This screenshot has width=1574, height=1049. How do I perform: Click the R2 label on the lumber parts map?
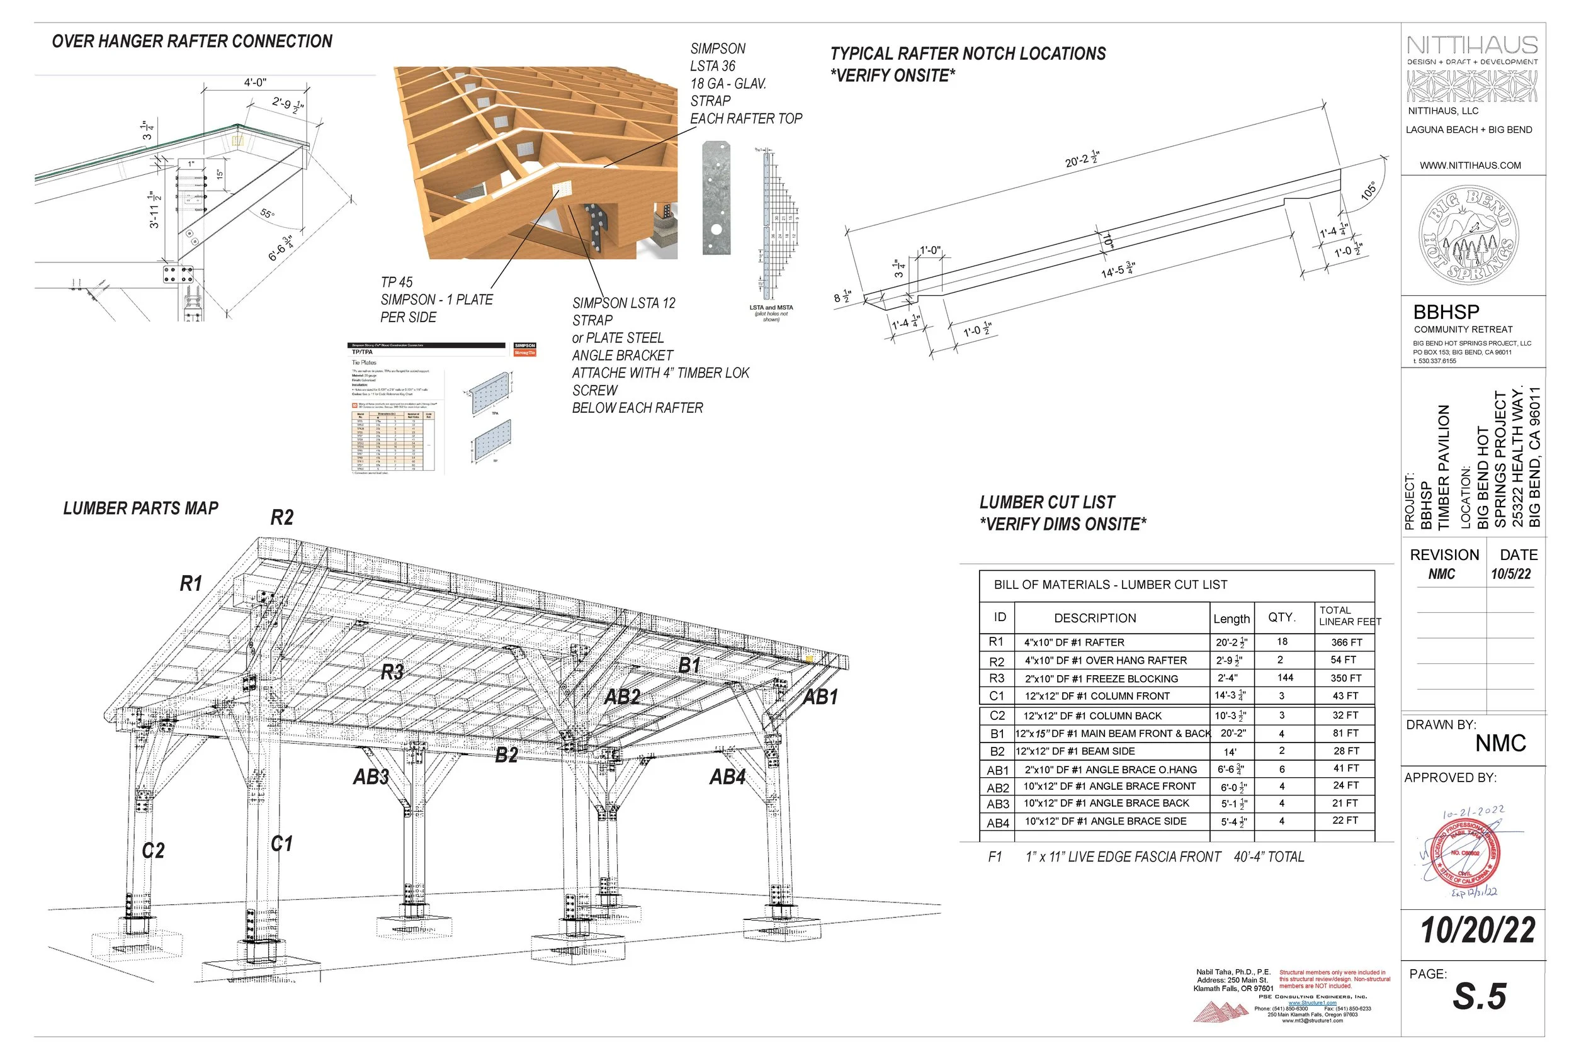pos(281,518)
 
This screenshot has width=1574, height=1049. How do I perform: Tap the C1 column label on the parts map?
pos(281,844)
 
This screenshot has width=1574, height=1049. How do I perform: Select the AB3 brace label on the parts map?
pos(371,777)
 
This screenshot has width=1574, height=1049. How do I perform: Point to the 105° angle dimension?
pos(1369,191)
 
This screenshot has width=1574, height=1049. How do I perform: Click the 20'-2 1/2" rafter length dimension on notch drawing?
pos(1082,159)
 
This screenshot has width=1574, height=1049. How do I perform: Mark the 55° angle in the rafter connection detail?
pos(266,213)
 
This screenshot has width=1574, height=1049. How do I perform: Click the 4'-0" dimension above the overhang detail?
pos(255,82)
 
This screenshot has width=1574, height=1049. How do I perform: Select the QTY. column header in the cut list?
pos(1282,617)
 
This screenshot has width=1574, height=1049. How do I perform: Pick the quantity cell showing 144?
pos(1285,678)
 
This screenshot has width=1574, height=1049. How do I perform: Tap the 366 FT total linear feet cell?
pos(1347,642)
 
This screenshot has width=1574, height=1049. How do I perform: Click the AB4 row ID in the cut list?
pos(997,823)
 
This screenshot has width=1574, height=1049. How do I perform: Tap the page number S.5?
pos(1479,996)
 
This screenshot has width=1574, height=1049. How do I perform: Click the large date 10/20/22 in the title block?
pos(1478,931)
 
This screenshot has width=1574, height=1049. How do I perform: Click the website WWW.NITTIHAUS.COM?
pos(1470,165)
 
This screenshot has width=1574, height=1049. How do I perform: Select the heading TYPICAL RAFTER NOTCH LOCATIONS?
pos(968,53)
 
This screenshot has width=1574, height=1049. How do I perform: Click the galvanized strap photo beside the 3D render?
pos(715,198)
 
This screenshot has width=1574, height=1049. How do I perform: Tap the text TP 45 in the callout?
pos(397,283)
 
